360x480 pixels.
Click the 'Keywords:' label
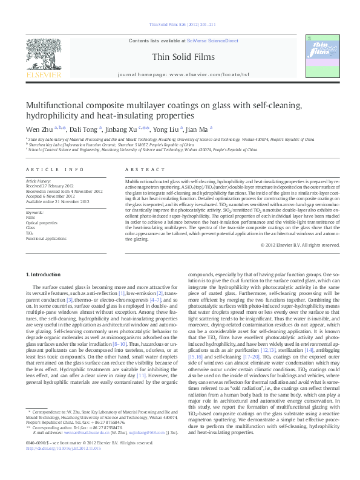[x=34, y=213]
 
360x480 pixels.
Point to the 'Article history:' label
[x=38, y=181]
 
